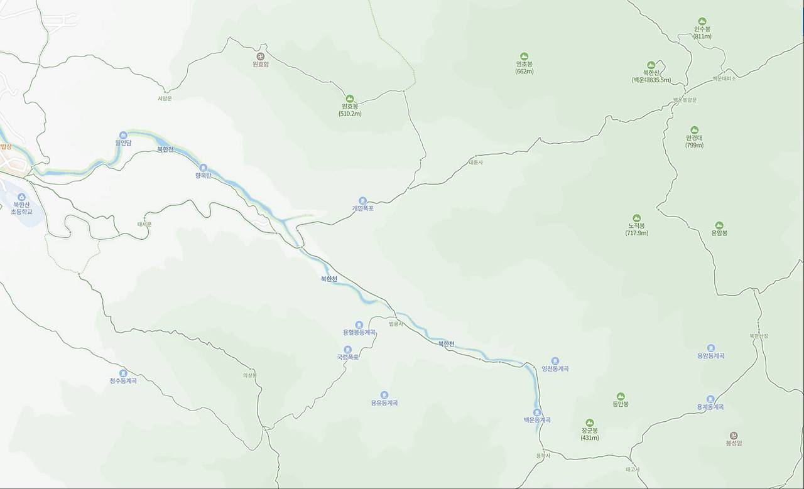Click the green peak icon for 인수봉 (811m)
point(702,21)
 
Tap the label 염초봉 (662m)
point(524,67)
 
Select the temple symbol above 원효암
point(261,56)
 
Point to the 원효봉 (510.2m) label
point(349,110)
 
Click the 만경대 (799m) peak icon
point(694,131)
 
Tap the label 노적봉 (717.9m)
point(636,229)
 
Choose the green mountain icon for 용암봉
point(719,225)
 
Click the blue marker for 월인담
point(123,135)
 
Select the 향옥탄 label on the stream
point(204,176)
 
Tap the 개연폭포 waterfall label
point(363,208)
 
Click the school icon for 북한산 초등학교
point(22,197)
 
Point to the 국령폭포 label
point(347,357)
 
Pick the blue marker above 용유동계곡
point(384,395)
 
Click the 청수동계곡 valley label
point(123,381)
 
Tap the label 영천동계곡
point(555,368)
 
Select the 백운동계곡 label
point(537,420)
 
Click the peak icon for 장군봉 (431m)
point(589,423)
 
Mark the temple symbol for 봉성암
point(734,435)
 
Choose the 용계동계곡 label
point(710,407)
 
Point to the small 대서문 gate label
point(144,224)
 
